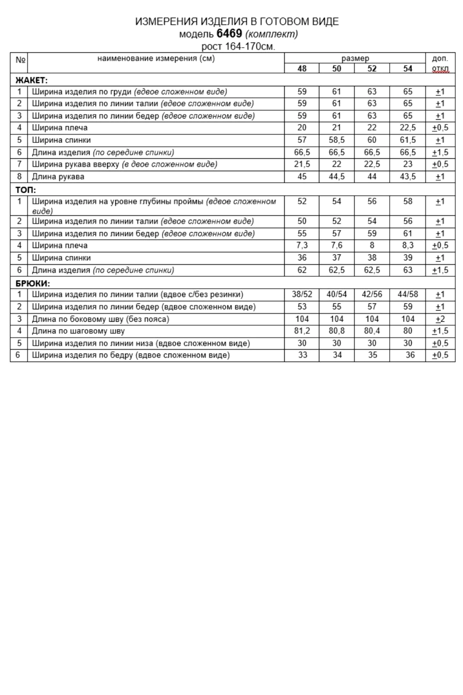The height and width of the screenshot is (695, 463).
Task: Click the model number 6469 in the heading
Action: click(x=229, y=34)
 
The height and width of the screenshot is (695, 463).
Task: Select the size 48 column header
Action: click(x=302, y=68)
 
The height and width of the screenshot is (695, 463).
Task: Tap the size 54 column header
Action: click(x=407, y=68)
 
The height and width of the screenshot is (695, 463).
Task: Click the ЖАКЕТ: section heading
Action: click(x=31, y=80)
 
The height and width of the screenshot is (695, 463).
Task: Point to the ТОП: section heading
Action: click(x=26, y=190)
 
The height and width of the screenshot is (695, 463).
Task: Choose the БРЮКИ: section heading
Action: click(x=33, y=283)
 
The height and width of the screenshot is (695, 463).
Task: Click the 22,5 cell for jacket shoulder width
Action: click(x=407, y=128)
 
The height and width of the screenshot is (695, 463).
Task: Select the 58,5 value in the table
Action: click(x=337, y=140)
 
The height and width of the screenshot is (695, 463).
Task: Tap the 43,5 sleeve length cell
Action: click(x=407, y=177)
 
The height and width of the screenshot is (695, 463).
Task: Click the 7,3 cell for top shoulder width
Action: click(x=302, y=245)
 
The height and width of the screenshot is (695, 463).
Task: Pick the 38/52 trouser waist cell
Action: click(x=302, y=294)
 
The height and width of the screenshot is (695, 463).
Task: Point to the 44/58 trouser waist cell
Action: click(x=407, y=294)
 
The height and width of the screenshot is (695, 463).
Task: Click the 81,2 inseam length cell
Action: click(x=302, y=331)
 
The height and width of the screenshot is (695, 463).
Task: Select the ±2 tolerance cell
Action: click(x=440, y=319)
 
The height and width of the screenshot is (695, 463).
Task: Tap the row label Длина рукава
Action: click(x=58, y=177)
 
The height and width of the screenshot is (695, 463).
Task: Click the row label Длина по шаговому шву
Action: click(x=78, y=331)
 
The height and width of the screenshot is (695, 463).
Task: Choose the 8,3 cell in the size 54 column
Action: click(x=407, y=245)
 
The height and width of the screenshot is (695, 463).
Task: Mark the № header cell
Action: click(x=20, y=60)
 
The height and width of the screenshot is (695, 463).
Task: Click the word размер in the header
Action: click(x=355, y=58)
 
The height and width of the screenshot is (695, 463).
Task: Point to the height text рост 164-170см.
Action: click(x=238, y=46)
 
